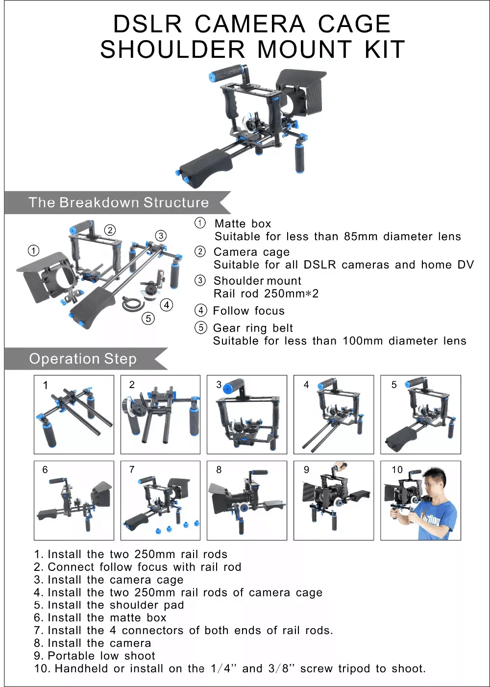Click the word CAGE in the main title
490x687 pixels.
click(354, 24)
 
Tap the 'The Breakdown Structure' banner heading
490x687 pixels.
click(119, 202)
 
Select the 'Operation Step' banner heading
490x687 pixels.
click(83, 359)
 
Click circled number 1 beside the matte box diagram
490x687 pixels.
click(33, 251)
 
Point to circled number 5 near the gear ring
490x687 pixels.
click(148, 319)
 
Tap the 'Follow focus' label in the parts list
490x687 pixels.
click(248, 311)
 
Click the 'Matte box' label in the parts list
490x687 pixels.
click(243, 223)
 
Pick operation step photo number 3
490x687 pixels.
click(247, 415)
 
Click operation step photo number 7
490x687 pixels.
click(161, 500)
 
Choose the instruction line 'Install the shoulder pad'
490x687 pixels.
click(116, 605)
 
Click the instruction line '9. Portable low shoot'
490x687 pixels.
click(95, 656)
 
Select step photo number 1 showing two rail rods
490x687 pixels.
click(74, 415)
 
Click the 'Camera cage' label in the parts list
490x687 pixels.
click(251, 252)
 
